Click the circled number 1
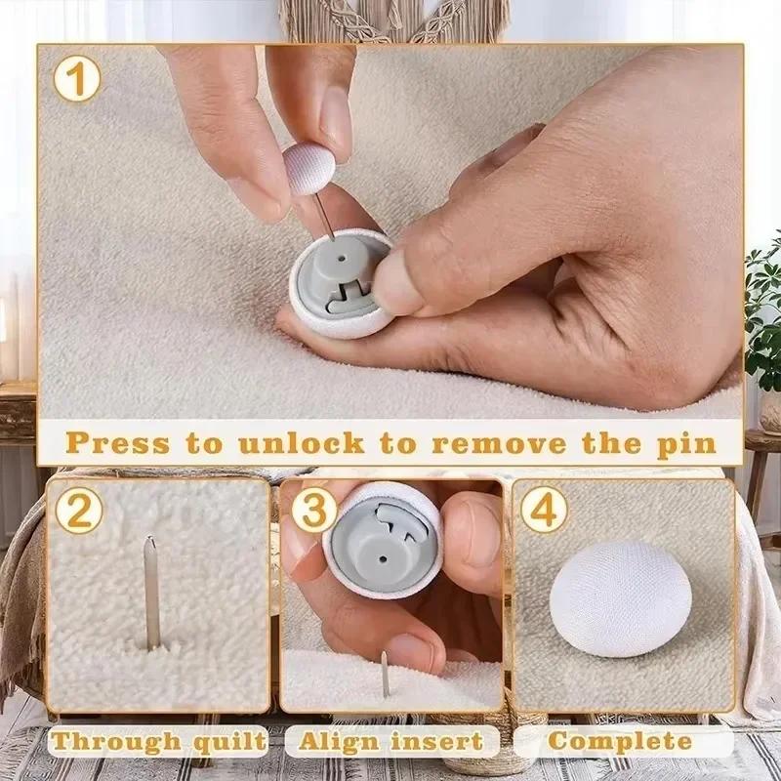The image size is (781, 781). pos(77,79)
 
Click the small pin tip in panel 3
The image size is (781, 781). pos(385,674)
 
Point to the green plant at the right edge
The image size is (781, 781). pos(764,312)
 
